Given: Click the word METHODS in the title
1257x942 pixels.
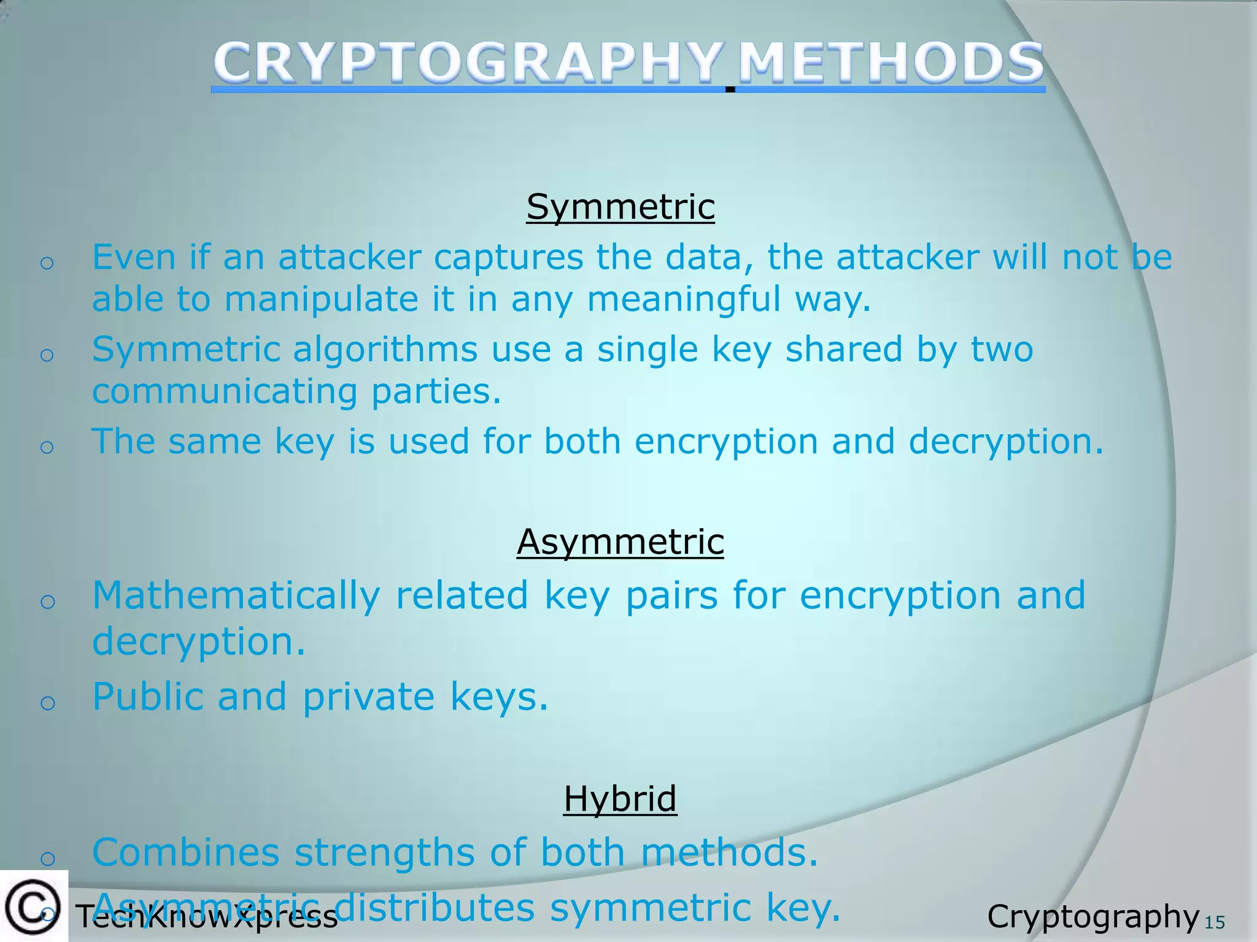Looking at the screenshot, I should click(891, 63).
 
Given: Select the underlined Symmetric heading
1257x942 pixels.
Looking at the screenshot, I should click(621, 207).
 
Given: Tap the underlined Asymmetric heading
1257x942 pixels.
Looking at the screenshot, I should click(621, 542).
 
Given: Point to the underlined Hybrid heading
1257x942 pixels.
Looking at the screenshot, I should click(620, 798).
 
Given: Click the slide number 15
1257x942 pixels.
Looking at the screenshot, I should click(1215, 922).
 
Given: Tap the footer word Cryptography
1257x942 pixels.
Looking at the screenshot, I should click(1093, 917).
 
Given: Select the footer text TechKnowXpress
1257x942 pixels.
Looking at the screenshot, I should click(207, 917).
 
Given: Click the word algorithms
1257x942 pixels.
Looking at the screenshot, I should click(385, 350).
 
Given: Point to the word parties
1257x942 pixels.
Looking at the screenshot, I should click(436, 392).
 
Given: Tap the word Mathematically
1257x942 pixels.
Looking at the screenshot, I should click(236, 596).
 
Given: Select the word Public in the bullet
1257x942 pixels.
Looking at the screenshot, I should click(147, 697).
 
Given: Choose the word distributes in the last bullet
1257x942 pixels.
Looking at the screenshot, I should click(435, 908).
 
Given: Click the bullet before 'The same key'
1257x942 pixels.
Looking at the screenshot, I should click(47, 447).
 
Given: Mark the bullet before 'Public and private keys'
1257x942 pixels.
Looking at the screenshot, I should click(47, 703).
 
